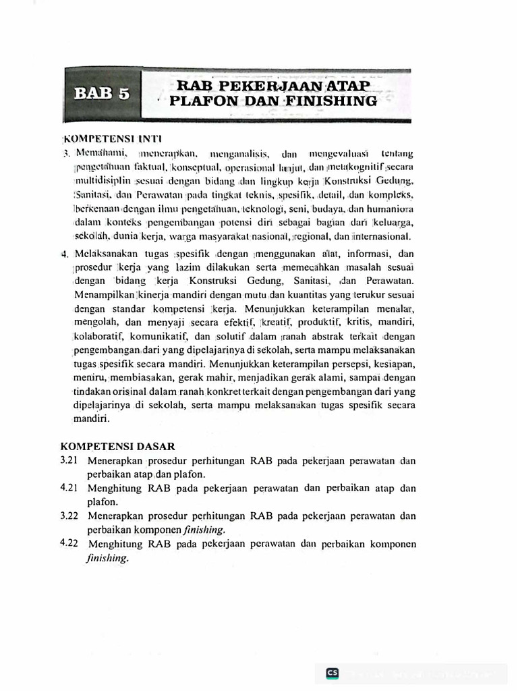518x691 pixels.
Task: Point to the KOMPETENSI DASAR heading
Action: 118,446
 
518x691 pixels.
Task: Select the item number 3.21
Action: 69,461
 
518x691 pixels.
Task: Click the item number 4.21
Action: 69,489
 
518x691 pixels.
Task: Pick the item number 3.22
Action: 69,516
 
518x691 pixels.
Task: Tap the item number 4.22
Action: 69,544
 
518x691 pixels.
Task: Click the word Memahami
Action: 102,153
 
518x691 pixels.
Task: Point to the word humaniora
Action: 391,209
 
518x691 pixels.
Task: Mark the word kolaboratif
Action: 100,335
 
